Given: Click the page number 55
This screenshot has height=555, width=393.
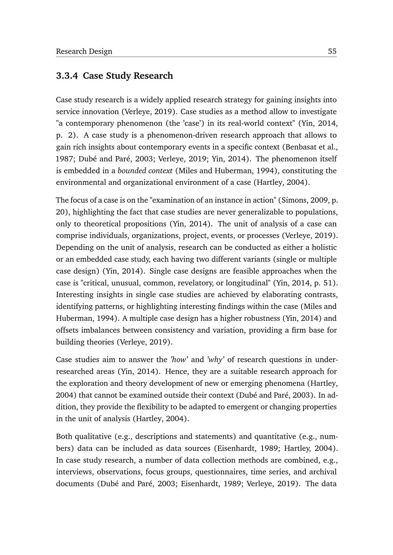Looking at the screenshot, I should (332, 51).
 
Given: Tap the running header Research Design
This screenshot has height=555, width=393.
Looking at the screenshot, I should (84, 51).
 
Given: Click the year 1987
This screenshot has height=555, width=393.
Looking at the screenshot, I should (64, 159).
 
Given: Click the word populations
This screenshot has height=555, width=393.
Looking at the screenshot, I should (316, 212).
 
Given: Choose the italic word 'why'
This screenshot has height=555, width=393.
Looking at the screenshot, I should (215, 360).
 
